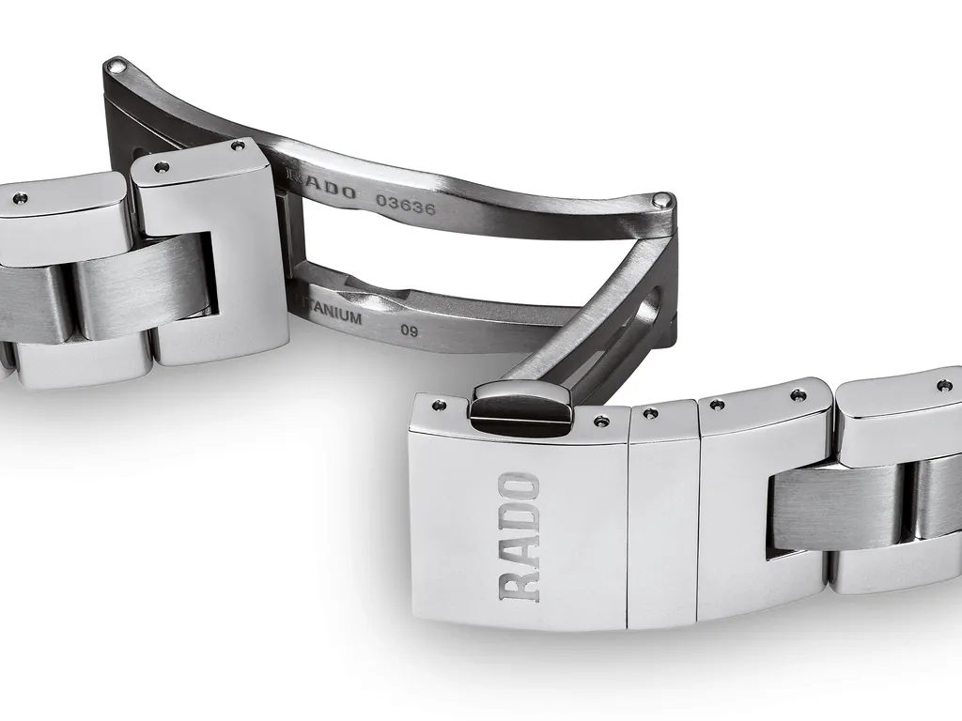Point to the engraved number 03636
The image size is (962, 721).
click(405, 205)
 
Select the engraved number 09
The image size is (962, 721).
click(409, 330)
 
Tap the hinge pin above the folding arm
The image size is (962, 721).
click(661, 200)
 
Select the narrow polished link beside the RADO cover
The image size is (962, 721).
click(663, 516)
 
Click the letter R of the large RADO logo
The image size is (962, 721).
click(521, 584)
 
